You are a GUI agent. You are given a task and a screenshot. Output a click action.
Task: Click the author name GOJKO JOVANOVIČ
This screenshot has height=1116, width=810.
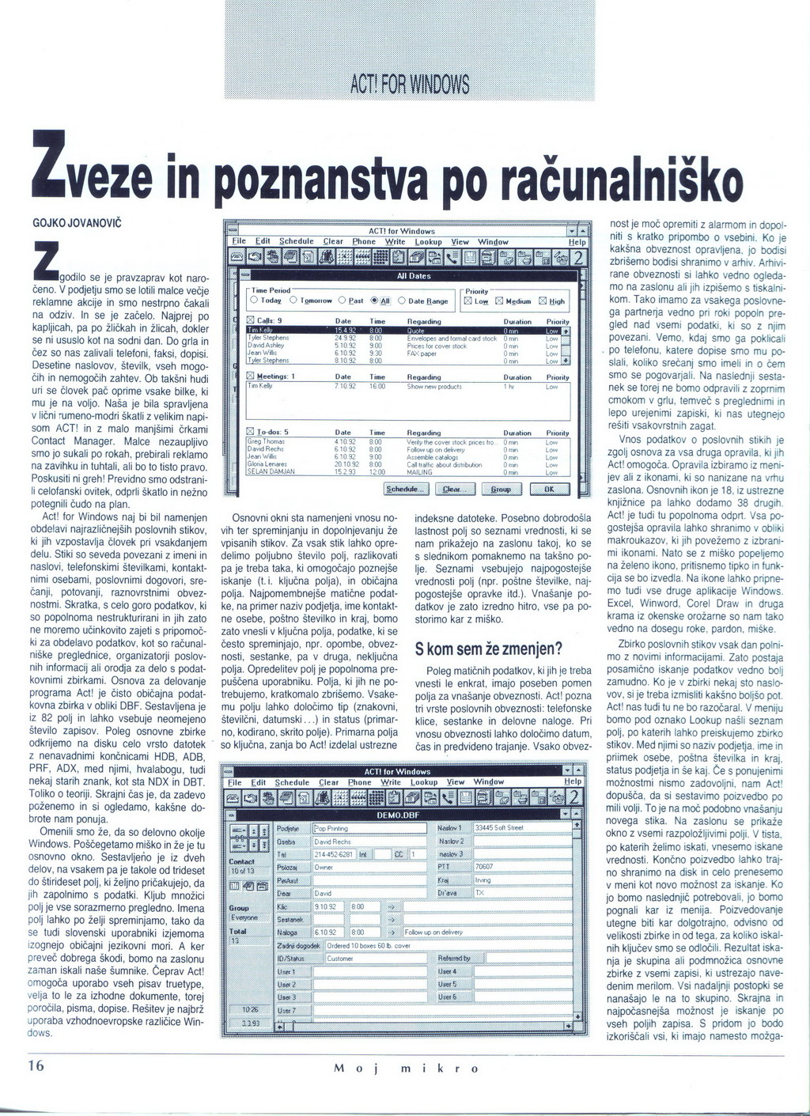click(x=76, y=224)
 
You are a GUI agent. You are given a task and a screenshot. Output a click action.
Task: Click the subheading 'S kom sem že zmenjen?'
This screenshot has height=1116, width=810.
click(x=488, y=649)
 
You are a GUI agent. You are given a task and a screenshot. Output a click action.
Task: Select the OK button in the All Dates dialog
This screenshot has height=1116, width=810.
click(x=550, y=489)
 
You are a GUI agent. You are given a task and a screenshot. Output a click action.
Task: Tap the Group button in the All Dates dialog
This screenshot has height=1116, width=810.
click(x=500, y=489)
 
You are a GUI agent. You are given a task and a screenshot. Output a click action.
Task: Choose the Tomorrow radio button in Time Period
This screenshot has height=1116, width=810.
click(x=310, y=301)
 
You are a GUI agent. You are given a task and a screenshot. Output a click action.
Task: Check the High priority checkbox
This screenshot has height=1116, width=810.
click(x=551, y=301)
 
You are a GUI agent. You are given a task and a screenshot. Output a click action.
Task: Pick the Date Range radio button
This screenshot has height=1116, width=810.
click(x=423, y=301)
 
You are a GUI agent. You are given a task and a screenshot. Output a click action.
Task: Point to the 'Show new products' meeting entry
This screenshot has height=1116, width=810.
click(x=434, y=387)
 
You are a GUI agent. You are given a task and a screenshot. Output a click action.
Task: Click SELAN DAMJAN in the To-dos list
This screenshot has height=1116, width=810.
click(x=271, y=471)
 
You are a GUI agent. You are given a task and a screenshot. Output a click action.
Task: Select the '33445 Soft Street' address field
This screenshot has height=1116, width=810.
click(x=522, y=827)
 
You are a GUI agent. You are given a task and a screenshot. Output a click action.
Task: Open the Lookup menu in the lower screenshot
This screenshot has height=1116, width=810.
click(x=423, y=782)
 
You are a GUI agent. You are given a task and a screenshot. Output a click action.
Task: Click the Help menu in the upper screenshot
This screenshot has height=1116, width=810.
click(x=577, y=242)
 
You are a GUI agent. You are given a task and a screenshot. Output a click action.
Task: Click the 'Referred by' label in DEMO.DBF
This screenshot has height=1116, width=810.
click(x=454, y=958)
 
